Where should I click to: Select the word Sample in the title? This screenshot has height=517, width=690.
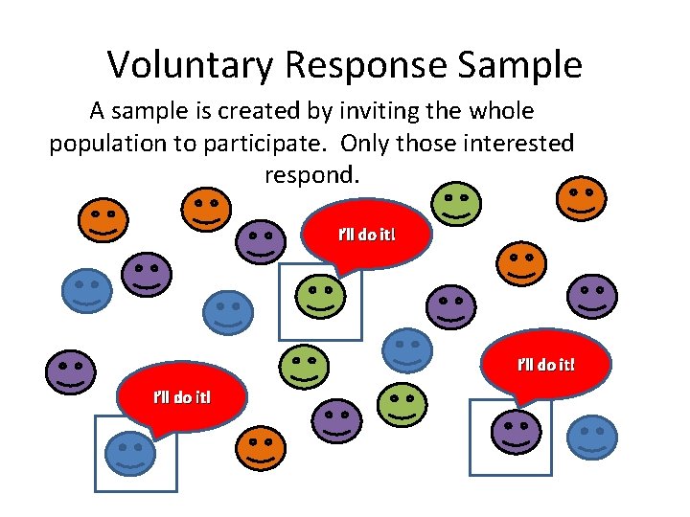click(x=520, y=65)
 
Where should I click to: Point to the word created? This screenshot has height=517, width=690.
click(x=257, y=111)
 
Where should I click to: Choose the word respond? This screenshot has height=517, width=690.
click(x=311, y=176)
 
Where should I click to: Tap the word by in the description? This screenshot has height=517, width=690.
click(x=308, y=111)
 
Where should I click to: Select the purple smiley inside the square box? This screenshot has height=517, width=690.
click(x=516, y=432)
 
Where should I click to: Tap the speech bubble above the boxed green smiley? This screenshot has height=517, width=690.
click(x=365, y=235)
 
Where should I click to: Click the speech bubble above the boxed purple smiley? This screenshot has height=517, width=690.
click(x=546, y=365)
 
